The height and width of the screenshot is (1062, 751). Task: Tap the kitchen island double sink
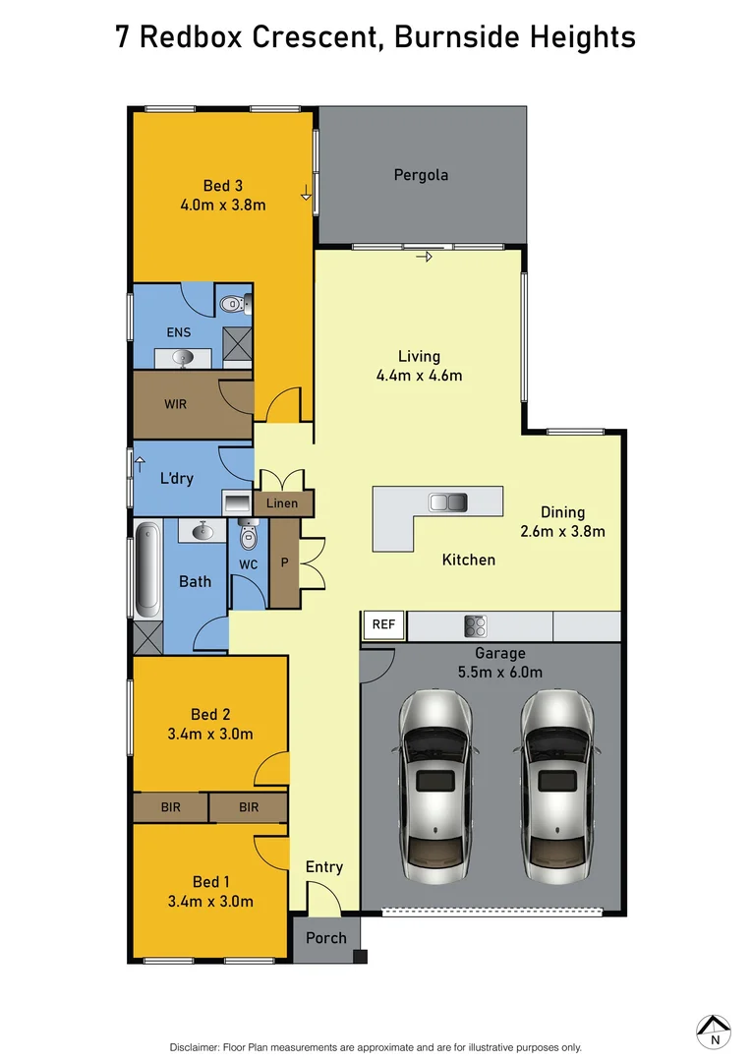[448, 502]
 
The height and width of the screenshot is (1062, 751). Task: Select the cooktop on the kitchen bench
[477, 625]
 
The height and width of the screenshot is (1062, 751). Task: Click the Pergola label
[421, 175]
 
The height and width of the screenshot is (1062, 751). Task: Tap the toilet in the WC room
[248, 537]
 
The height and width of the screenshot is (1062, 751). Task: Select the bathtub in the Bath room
[145, 570]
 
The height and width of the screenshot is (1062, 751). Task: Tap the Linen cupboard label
[283, 503]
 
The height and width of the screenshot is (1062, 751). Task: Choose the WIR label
[175, 404]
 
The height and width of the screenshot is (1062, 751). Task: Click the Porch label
[325, 937]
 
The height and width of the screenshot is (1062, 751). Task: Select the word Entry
[324, 866]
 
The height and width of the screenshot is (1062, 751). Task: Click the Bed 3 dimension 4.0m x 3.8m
[223, 205]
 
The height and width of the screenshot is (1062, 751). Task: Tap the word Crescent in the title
[312, 38]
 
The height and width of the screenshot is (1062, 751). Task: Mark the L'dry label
[176, 479]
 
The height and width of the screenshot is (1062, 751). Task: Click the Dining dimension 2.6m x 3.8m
[562, 531]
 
